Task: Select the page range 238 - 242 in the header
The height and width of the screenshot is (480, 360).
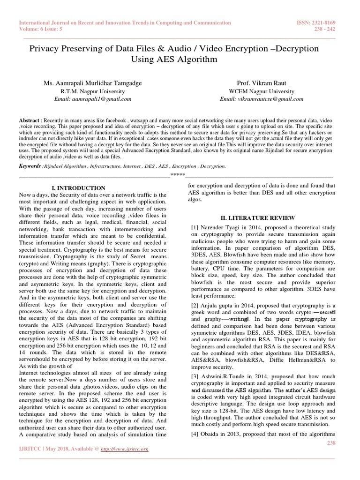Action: tap(324, 29)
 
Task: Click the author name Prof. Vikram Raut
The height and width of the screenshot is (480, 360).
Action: tap(262, 83)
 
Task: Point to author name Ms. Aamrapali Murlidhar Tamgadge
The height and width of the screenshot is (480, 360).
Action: tap(92, 83)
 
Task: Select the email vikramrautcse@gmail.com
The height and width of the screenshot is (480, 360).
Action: tap(262, 99)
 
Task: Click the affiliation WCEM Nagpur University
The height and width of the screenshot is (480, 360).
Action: tap(262, 91)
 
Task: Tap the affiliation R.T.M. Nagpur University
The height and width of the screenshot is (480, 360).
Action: tap(92, 91)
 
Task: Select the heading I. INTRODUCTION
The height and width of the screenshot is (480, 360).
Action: tap(78, 187)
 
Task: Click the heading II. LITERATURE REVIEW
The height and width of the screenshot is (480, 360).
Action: tap(258, 217)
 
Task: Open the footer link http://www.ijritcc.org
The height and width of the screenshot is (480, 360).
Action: tap(124, 449)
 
